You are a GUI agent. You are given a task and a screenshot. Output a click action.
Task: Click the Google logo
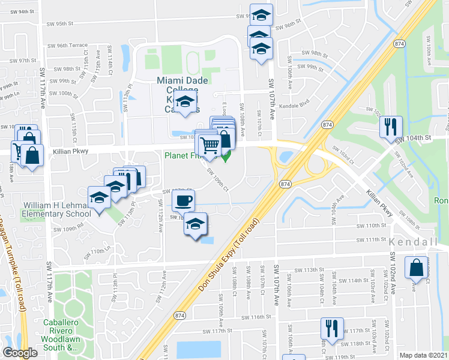coord(20,353)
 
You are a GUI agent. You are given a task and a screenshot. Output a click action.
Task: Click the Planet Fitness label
coord(188,156)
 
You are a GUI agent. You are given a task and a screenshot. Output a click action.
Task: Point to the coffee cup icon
coord(184,200)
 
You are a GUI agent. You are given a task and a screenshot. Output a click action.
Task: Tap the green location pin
coord(226,157)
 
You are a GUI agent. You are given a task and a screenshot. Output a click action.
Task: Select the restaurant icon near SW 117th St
coord(332,328)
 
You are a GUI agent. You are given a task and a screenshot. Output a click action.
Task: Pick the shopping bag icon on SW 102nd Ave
coord(416,268)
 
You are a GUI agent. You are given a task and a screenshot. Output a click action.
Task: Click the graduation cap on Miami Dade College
coord(187,103)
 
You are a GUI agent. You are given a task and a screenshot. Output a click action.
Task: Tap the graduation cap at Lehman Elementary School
coord(100,197)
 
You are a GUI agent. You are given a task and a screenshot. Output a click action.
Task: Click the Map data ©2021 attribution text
coord(423,355)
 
